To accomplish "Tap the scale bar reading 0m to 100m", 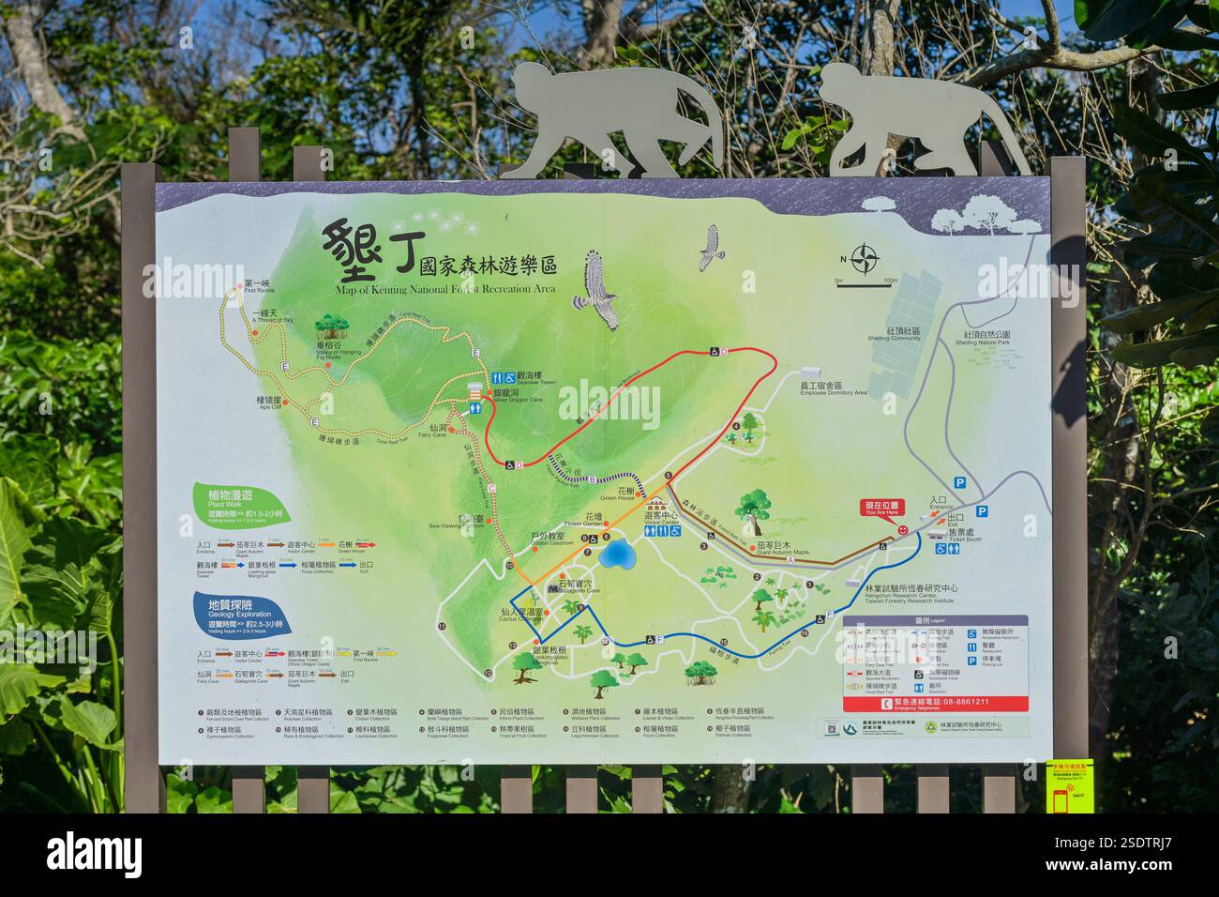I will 866,281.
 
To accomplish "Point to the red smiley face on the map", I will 903,530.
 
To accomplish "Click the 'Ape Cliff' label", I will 269,403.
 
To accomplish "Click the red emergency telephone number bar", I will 935,702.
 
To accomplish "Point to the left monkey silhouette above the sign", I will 619,120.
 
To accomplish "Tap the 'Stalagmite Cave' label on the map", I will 576,587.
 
